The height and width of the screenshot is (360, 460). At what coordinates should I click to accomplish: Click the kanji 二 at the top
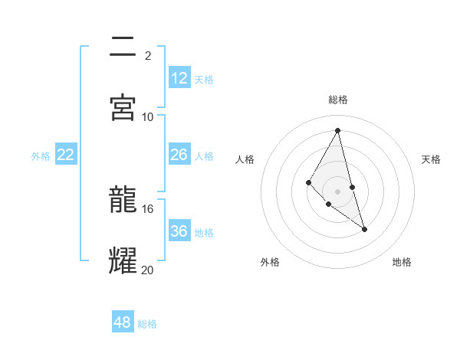(x=123, y=48)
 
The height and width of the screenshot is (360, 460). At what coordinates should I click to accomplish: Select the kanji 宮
(x=123, y=107)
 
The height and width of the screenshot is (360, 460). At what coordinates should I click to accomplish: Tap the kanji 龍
(x=123, y=201)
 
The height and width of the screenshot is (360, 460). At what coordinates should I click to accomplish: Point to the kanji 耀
(x=123, y=260)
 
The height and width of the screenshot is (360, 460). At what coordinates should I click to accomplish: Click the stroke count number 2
(x=148, y=56)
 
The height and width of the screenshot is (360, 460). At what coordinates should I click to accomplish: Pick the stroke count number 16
(x=148, y=208)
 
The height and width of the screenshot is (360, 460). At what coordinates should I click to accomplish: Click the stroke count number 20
(x=148, y=269)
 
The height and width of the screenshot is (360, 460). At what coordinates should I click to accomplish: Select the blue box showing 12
(x=179, y=78)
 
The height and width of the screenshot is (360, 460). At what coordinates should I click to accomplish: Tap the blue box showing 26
(x=179, y=155)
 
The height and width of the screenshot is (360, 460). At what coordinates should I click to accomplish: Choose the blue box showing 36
(x=179, y=231)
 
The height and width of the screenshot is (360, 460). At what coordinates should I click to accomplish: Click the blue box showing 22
(x=66, y=155)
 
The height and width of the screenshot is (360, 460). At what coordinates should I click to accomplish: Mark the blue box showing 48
(x=123, y=322)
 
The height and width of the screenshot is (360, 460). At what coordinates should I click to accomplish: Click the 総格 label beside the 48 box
(x=147, y=324)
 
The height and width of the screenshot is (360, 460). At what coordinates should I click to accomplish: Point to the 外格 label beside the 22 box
(x=41, y=156)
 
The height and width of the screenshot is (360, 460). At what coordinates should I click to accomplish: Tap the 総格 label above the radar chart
(x=338, y=100)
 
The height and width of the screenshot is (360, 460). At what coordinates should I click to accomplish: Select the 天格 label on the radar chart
(x=431, y=159)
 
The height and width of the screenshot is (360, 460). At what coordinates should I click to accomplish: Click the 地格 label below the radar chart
(x=402, y=263)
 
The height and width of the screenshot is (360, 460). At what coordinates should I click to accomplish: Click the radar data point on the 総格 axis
(x=338, y=130)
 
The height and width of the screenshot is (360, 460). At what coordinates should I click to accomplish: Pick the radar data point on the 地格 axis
(x=364, y=229)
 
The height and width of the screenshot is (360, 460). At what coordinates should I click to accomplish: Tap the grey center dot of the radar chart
(x=338, y=191)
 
